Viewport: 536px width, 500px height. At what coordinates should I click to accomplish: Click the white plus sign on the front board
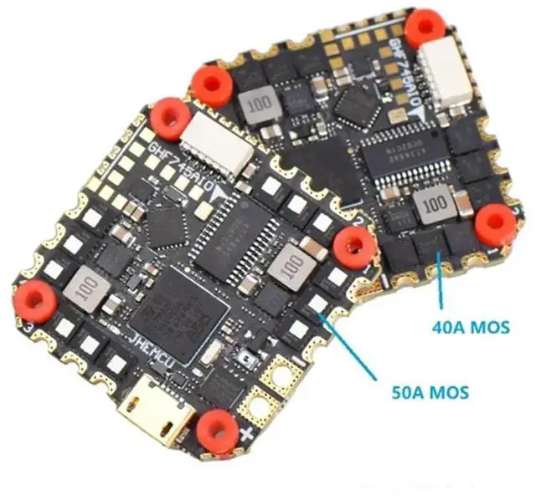click(x=246, y=436)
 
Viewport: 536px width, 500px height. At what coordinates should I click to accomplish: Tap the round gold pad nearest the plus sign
click(x=253, y=411)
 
